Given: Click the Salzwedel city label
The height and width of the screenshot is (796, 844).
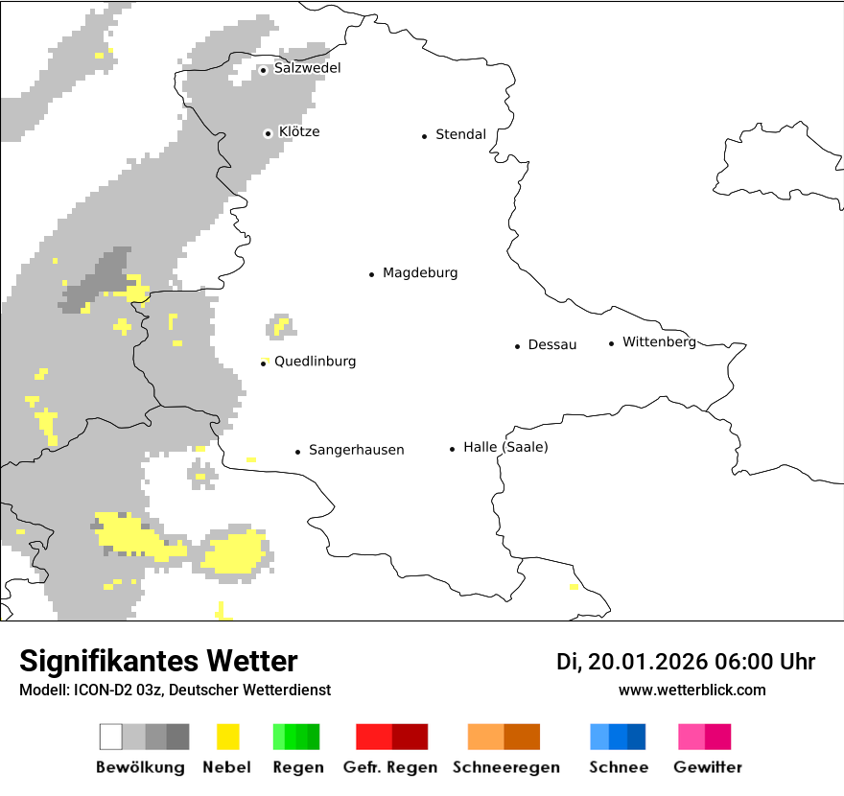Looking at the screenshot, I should (x=307, y=68).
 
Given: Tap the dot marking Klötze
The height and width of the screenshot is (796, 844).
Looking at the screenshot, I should (x=268, y=133).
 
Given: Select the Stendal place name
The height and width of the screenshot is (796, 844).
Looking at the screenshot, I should (x=460, y=134).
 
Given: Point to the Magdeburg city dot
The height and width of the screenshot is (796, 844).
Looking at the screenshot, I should (x=371, y=274).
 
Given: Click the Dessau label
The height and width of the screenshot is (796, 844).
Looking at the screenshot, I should (x=552, y=345).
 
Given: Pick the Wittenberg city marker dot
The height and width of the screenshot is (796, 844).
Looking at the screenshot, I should (x=611, y=343).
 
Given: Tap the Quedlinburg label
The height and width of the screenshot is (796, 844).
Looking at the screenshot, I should (x=315, y=362).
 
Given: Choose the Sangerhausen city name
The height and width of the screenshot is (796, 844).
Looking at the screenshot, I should (x=356, y=450).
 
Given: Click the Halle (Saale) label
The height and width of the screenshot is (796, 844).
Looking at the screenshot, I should (x=505, y=447).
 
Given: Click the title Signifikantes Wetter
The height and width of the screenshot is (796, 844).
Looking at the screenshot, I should (x=158, y=661).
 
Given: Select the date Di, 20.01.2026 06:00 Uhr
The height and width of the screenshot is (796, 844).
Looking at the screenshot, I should (x=686, y=662).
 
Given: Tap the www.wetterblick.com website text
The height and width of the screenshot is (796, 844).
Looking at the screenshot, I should (x=692, y=690).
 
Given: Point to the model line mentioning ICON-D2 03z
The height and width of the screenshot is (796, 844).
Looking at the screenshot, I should (x=175, y=690).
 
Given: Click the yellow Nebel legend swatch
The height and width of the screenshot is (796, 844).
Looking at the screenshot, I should (x=228, y=737).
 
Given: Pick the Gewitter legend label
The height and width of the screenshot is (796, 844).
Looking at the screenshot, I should (x=708, y=767).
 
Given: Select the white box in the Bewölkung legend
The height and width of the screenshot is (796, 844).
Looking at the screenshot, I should (x=111, y=737).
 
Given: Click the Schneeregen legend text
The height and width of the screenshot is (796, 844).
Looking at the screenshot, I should (x=505, y=767).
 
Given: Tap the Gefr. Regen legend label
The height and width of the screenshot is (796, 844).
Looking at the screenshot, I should (x=390, y=767).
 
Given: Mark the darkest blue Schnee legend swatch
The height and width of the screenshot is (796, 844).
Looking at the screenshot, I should (x=636, y=737).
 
